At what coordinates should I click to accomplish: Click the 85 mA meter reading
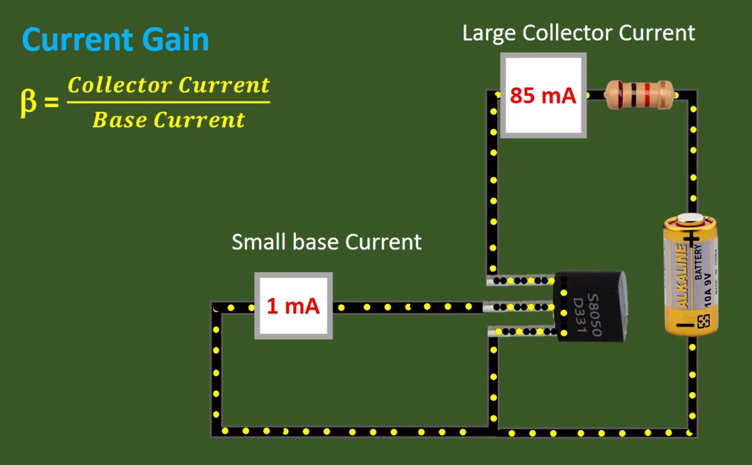tap(543, 95)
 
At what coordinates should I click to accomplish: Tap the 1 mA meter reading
tap(293, 306)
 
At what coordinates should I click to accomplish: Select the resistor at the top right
tap(639, 94)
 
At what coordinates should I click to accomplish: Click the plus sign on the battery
tap(691, 240)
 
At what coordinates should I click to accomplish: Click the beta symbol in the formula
tap(28, 103)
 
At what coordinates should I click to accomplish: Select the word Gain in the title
tap(176, 40)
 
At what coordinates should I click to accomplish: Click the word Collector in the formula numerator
tap(119, 85)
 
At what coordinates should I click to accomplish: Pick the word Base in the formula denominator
tap(119, 120)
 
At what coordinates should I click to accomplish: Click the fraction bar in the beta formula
tap(168, 103)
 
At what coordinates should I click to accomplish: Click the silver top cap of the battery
tap(690, 219)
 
